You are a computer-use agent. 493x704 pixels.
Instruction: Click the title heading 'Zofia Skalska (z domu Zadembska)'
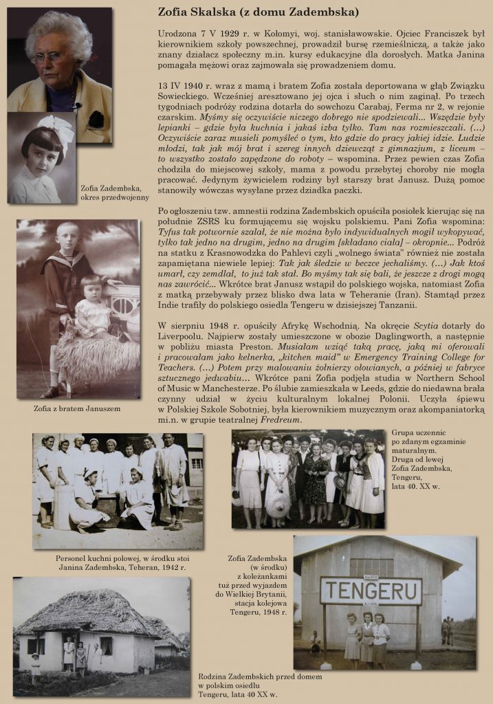point(258,12)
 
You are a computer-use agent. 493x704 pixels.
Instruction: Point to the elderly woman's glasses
point(50,57)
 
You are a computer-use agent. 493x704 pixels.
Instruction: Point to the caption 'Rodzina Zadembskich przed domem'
point(250,685)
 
